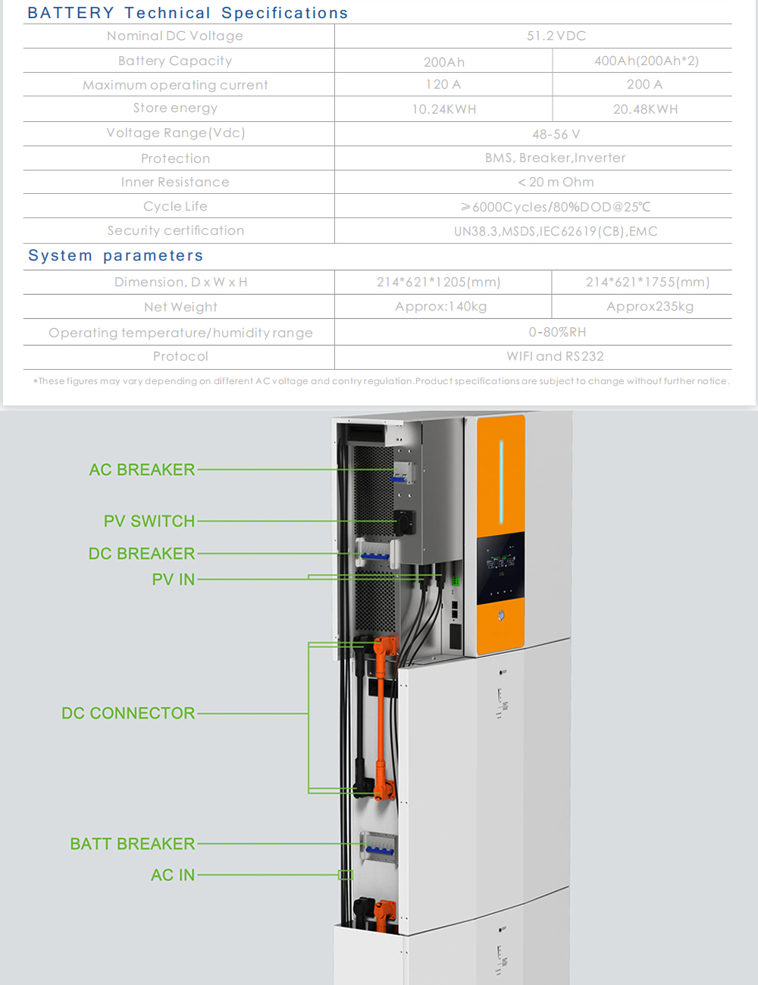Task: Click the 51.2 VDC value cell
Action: [556, 36]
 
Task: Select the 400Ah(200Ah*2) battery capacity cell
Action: [647, 61]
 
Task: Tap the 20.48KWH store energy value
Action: [645, 109]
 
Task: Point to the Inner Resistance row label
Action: [175, 182]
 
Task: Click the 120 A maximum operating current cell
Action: [443, 84]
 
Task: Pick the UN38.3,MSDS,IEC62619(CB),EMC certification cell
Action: [556, 231]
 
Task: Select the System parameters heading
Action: [116, 255]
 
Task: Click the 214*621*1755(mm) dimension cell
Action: [647, 282]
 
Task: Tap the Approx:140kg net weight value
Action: [440, 307]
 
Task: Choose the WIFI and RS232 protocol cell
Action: [555, 356]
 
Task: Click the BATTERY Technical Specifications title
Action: [188, 13]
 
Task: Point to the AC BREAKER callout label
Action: [142, 470]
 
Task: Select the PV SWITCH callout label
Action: [149, 521]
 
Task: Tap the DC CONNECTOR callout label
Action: [128, 713]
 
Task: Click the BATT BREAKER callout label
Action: [133, 844]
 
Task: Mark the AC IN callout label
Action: [173, 875]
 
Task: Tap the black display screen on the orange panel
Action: [500, 568]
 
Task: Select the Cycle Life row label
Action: [175, 206]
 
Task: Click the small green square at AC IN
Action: [346, 875]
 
